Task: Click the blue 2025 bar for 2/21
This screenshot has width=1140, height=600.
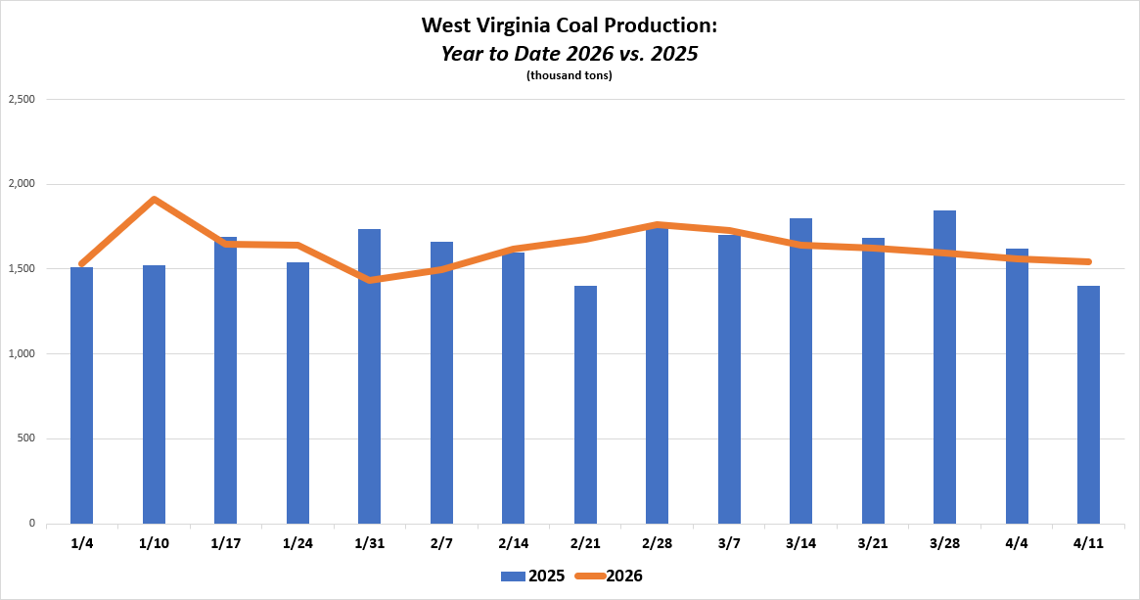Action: click(585, 404)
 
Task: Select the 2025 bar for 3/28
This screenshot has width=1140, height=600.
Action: click(944, 367)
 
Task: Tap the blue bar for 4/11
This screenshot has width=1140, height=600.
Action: click(1088, 404)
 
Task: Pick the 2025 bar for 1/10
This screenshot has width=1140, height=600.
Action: click(154, 394)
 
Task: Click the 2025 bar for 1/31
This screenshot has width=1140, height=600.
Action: click(369, 376)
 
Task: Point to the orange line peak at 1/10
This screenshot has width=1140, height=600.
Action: click(155, 200)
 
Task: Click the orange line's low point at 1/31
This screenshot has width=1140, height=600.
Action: click(370, 280)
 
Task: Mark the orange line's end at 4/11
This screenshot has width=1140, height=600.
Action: click(1088, 261)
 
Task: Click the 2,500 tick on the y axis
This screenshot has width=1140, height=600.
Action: click(22, 99)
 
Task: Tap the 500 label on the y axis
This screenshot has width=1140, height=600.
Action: click(25, 438)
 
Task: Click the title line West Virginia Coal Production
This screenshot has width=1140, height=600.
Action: click(569, 24)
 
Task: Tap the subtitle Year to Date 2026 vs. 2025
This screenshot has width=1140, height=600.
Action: click(569, 53)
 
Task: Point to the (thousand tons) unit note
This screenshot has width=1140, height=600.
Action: click(569, 75)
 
